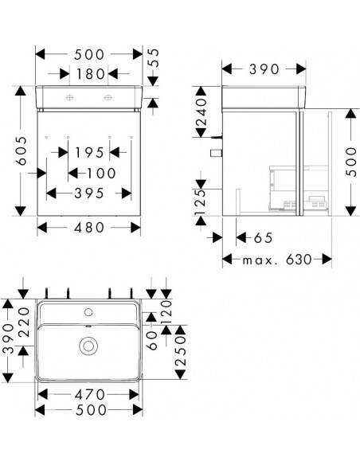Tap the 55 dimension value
[x=153, y=58]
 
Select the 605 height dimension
[x=22, y=151]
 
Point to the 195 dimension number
[x=89, y=153]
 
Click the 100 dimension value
[x=101, y=174]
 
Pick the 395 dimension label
[x=89, y=193]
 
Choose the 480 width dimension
[x=89, y=228]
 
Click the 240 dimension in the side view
[x=201, y=111]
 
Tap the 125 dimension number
[x=201, y=202]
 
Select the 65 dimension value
[x=263, y=238]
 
